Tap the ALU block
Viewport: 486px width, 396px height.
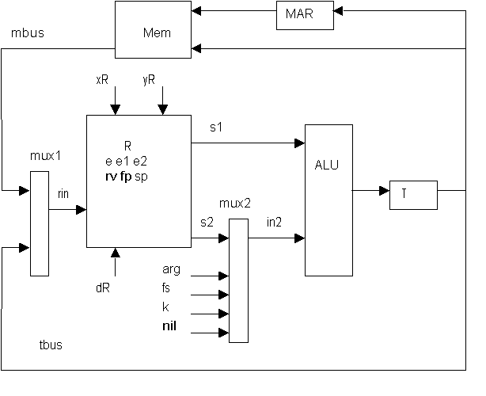[328, 200]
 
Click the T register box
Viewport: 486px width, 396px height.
[412, 195]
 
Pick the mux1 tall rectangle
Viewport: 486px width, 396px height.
[40, 225]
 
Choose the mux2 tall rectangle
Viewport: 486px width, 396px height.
[237, 280]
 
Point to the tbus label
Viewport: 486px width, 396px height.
[51, 345]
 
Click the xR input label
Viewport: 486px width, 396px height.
[102, 80]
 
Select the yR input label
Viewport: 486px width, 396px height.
[149, 80]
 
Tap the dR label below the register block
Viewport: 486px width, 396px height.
[102, 287]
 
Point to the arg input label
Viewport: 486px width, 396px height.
[170, 270]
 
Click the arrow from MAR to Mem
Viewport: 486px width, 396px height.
[235, 11]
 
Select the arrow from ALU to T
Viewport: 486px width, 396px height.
[370, 191]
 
